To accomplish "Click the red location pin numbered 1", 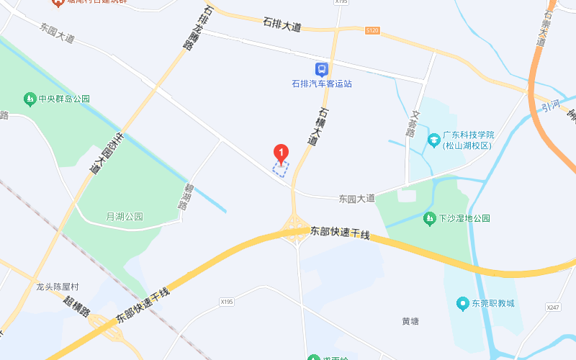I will [x=281, y=153].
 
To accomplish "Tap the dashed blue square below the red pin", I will [x=280, y=169].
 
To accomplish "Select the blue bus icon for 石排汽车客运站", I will [x=321, y=70].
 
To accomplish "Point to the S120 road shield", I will [x=372, y=30].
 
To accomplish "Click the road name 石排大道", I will [x=282, y=24].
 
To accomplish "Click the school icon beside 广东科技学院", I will [x=433, y=139].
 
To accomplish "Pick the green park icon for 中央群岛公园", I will [x=30, y=99].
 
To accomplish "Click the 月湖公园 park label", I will [x=125, y=217].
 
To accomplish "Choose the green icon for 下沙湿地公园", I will [x=429, y=217].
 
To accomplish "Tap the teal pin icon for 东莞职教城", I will [x=463, y=303].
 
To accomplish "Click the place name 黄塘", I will [x=410, y=321].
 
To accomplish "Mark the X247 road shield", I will [x=552, y=307].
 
